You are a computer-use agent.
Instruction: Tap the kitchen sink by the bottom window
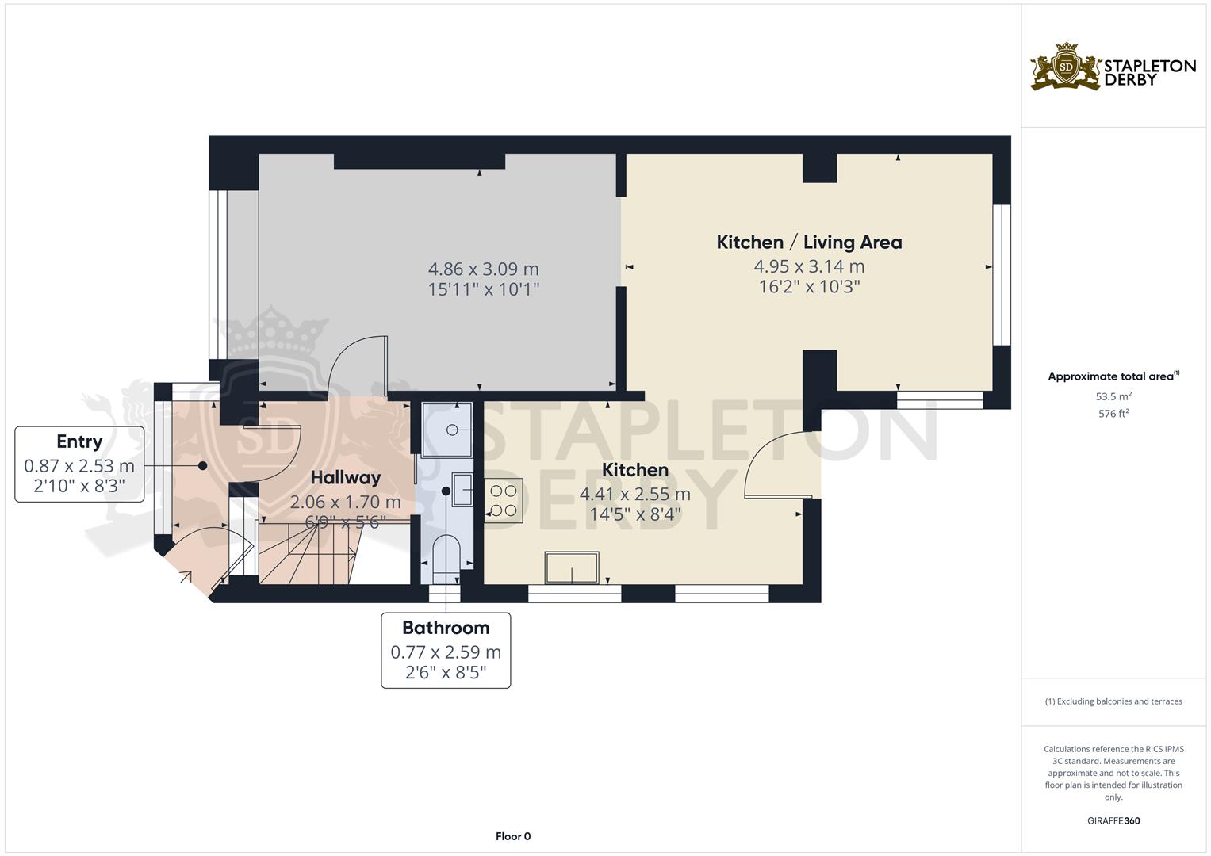(572, 567)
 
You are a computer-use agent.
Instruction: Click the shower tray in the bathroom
(447, 430)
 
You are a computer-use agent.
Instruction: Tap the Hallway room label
(345, 478)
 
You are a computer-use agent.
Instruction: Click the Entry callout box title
(79, 441)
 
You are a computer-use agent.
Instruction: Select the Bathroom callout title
(446, 628)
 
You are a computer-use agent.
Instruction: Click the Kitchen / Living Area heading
(809, 243)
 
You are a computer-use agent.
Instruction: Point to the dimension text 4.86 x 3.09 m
(483, 269)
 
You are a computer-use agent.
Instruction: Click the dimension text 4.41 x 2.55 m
(634, 495)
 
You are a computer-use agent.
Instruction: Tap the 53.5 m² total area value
(1113, 396)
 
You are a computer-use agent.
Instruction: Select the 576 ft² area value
(1113, 414)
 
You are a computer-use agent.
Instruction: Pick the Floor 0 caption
(512, 836)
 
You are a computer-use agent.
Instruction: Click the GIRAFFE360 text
(1113, 821)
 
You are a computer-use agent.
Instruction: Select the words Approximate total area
(1110, 376)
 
